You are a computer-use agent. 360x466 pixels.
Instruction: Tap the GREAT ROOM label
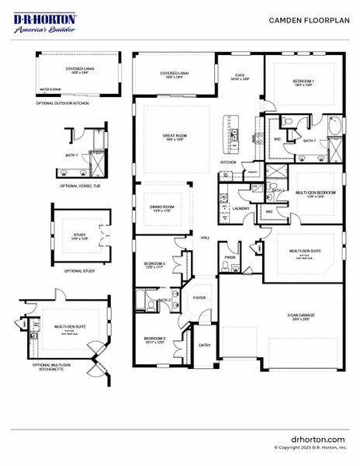(x=174, y=137)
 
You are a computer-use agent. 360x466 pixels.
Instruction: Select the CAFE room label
(x=240, y=76)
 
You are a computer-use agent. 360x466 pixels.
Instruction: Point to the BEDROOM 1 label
(x=303, y=82)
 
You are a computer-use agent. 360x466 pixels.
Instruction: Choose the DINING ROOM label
(x=161, y=207)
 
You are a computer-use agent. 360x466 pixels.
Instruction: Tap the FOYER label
(x=199, y=297)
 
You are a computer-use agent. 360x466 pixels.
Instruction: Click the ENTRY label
(x=204, y=345)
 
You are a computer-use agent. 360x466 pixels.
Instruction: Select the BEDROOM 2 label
(x=155, y=339)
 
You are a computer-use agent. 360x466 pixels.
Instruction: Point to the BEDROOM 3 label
(x=155, y=265)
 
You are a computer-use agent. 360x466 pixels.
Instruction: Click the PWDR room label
(x=230, y=256)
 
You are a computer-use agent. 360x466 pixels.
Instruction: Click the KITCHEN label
(x=228, y=162)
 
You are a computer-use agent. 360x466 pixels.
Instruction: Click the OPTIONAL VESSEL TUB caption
(x=78, y=186)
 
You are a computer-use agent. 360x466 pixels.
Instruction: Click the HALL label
(x=205, y=238)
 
